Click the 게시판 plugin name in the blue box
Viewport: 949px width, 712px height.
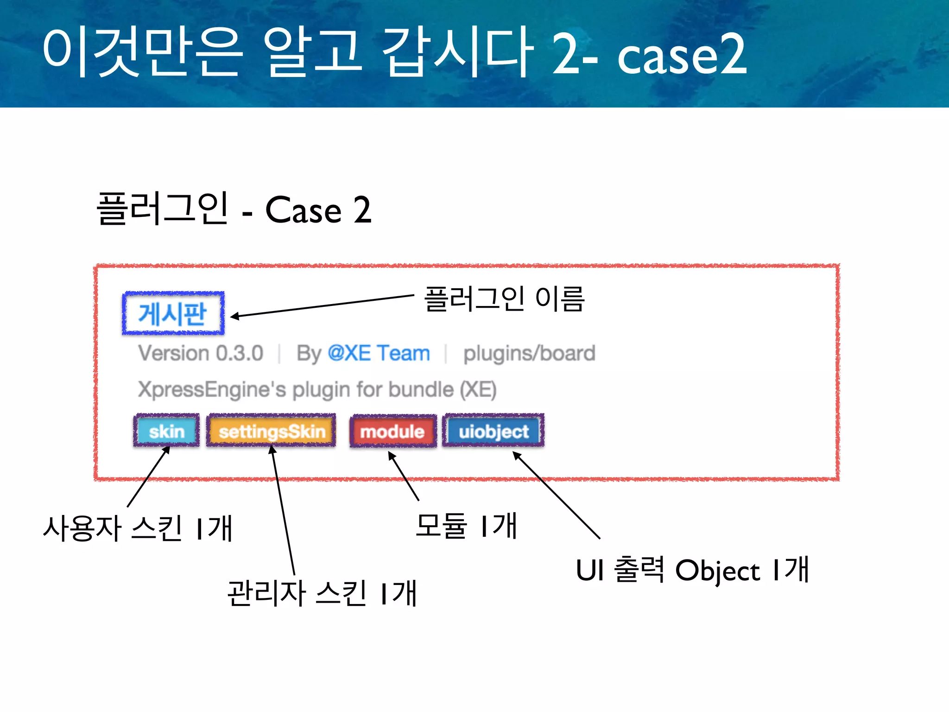173,314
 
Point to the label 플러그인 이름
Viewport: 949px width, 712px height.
504,299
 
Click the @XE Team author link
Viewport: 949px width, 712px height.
379,353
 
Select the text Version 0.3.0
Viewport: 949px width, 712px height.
201,353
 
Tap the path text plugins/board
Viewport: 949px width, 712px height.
529,353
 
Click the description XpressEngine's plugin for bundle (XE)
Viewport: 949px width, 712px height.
317,389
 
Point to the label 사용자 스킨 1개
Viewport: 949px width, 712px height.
138,528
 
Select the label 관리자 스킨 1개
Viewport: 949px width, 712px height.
322,593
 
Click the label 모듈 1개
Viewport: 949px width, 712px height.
466,526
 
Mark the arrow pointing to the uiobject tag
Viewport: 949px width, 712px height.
556,495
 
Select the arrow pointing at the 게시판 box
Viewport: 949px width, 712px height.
322,306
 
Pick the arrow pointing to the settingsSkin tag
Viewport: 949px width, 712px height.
283,510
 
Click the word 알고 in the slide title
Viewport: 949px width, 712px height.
312,52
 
